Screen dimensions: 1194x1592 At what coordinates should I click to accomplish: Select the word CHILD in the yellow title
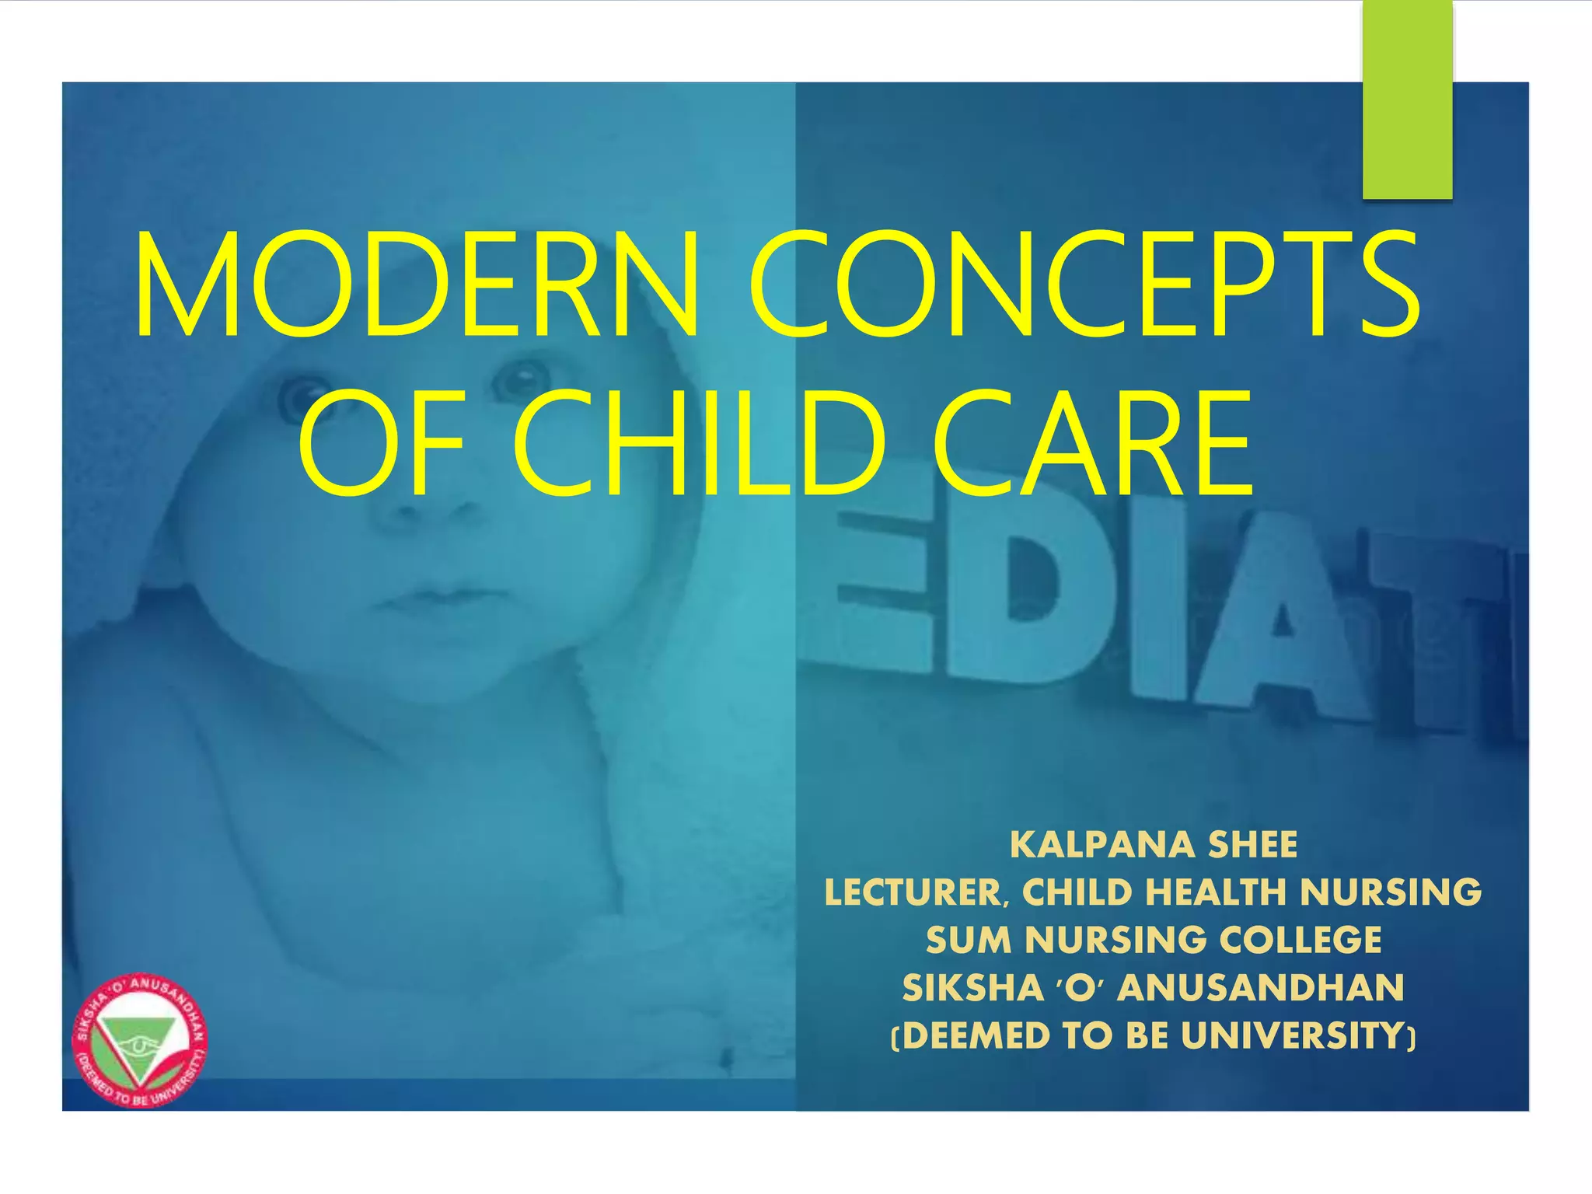(x=698, y=443)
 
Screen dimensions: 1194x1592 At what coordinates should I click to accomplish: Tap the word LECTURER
(x=913, y=893)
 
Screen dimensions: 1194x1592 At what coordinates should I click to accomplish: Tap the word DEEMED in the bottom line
(x=976, y=1036)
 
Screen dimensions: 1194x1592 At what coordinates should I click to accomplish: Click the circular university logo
(x=140, y=1040)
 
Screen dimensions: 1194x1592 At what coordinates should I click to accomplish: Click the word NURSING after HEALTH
(x=1391, y=893)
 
